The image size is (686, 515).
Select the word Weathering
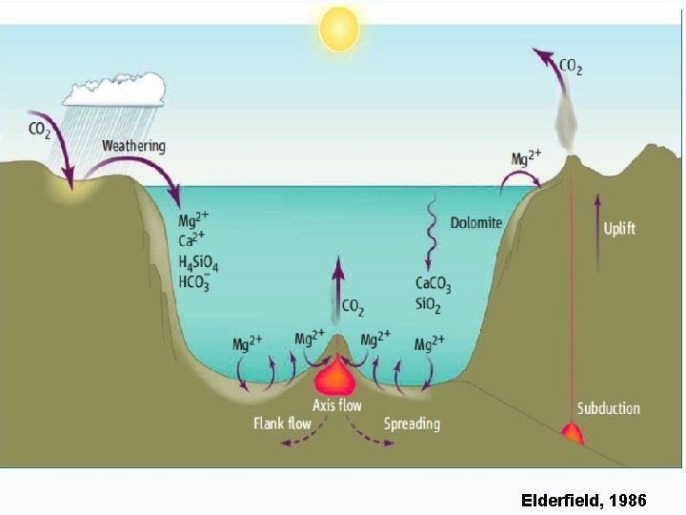(133, 147)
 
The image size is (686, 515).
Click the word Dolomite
(475, 222)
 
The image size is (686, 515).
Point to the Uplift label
(619, 229)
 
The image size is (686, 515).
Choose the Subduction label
(608, 408)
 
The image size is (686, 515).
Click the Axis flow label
(337, 405)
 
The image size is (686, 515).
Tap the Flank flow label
(282, 423)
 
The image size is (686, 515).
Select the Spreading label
(412, 423)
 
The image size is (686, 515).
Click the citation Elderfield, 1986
(584, 499)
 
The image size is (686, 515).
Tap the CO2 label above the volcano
(571, 67)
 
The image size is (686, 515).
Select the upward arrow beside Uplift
(597, 229)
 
